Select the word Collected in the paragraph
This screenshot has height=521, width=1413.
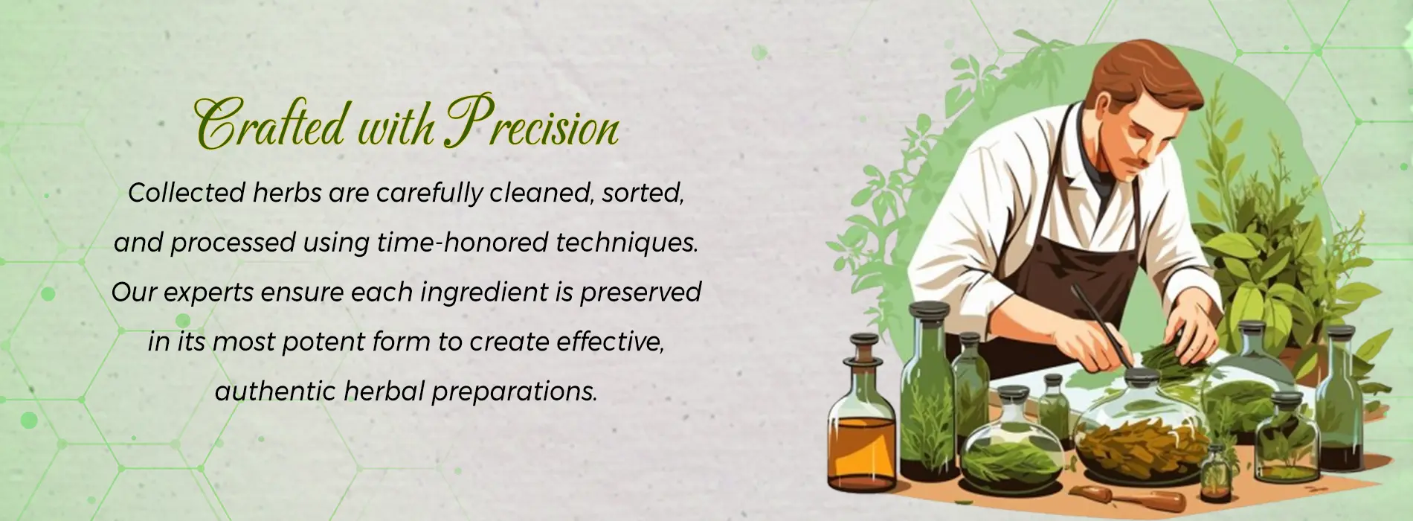(x=186, y=194)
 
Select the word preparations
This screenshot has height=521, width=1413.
(x=515, y=392)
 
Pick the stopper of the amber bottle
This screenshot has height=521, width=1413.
(x=864, y=347)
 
